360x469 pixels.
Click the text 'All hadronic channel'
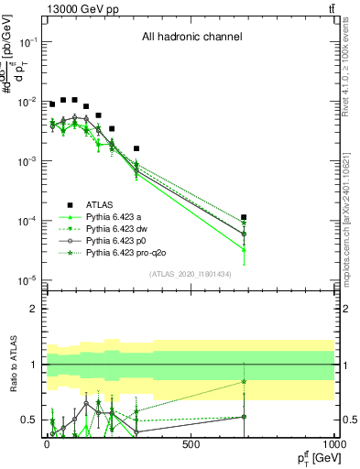[x=191, y=38]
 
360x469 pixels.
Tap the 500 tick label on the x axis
[x=191, y=443]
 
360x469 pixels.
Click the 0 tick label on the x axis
[x=47, y=443]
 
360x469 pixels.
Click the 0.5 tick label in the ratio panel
[x=28, y=420]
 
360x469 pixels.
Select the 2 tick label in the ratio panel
[x=33, y=309]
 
